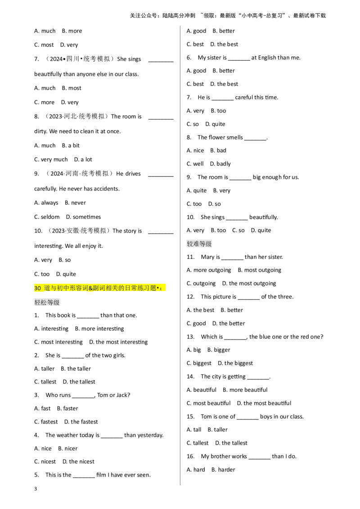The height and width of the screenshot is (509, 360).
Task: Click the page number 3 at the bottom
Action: [36, 489]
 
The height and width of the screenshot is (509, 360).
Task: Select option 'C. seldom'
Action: [47, 217]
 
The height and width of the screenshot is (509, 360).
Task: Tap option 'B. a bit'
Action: [71, 145]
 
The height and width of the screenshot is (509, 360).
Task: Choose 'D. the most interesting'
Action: [118, 342]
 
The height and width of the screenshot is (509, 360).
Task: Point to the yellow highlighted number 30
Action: [38, 288]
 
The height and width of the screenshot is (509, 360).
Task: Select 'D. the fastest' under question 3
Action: [81, 422]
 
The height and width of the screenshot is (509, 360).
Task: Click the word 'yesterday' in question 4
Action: [150, 435]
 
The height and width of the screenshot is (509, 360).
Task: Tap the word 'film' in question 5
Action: [101, 475]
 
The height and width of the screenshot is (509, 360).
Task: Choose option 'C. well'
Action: [195, 164]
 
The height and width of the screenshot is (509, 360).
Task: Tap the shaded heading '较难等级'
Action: [199, 244]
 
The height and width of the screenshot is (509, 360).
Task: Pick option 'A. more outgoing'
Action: [209, 270]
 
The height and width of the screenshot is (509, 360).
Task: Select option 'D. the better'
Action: [229, 323]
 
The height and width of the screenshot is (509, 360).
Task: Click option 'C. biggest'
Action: [199, 363]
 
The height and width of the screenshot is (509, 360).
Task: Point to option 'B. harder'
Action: [223, 469]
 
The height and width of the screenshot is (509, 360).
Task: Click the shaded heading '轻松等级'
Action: [47, 303]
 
